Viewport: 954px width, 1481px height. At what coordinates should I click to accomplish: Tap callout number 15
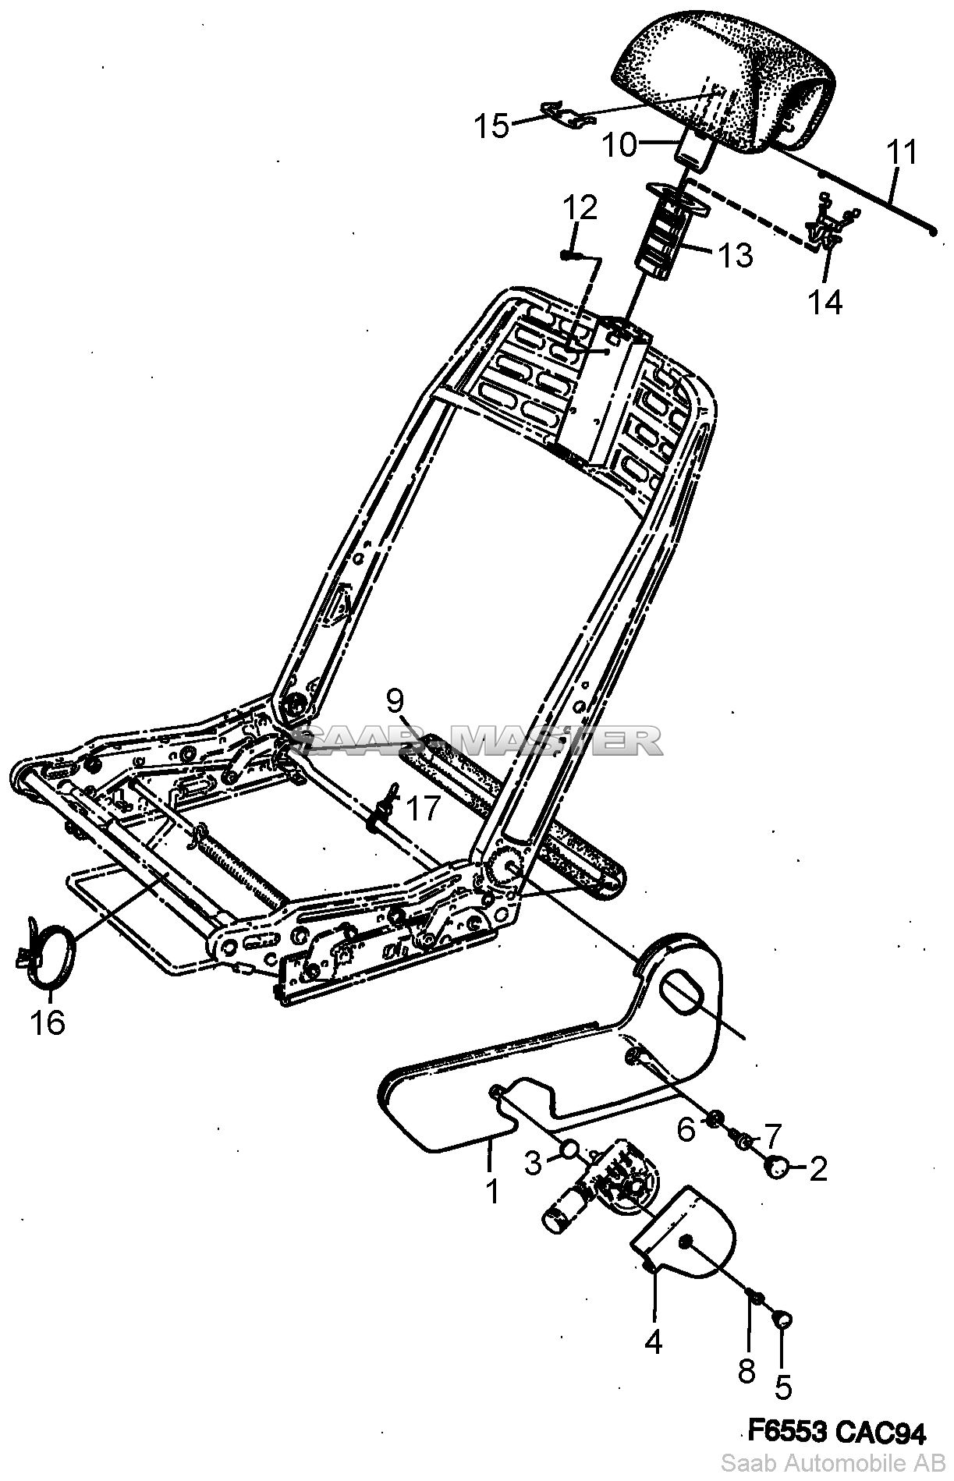tap(493, 126)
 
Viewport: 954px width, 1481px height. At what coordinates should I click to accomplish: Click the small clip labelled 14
tap(829, 227)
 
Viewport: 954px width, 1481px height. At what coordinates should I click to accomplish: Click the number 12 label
tap(580, 208)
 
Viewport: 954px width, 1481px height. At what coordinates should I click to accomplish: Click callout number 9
tap(395, 700)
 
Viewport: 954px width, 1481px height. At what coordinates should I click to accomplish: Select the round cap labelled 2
tap(778, 1166)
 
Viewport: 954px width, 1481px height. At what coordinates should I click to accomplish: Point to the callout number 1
tap(492, 1191)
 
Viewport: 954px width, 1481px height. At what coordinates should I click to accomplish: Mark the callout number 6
tap(686, 1128)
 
